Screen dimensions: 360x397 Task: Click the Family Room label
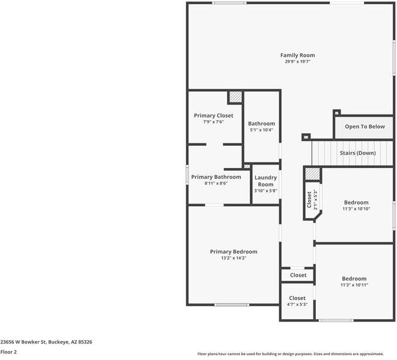tap(297, 55)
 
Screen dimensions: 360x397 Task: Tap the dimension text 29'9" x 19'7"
tap(297, 62)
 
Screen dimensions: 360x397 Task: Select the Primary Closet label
tap(213, 115)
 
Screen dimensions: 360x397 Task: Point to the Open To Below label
tap(365, 127)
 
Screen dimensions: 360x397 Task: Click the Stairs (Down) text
tap(357, 153)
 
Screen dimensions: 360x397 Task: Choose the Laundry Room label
tap(265, 181)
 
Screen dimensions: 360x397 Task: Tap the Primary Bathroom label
tap(216, 177)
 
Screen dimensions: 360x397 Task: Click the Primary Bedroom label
tap(234, 251)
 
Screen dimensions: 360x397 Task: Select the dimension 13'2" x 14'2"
tap(234, 258)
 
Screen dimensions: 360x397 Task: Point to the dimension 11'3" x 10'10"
tap(356, 209)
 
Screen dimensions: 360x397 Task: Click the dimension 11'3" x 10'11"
tap(354, 285)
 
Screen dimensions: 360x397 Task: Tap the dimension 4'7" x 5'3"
tap(297, 304)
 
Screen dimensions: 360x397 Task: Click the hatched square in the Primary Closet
tap(235, 97)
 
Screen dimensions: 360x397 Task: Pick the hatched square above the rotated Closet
tap(312, 173)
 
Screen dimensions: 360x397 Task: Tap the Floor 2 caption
tap(8, 352)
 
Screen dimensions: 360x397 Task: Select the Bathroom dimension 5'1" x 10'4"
tap(261, 130)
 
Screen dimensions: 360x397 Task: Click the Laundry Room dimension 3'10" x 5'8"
tap(265, 191)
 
